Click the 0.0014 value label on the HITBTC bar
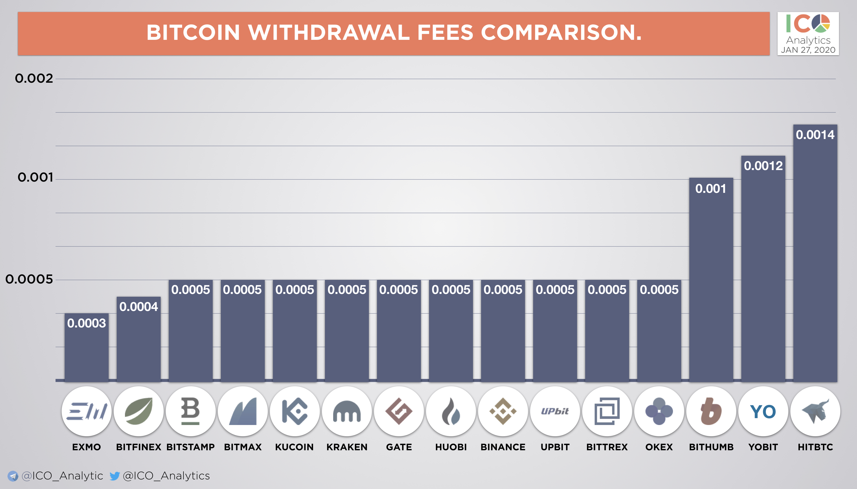[x=815, y=135]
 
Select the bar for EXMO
[x=87, y=353]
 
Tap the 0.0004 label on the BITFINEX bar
[x=138, y=307]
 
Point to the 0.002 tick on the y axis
[x=34, y=79]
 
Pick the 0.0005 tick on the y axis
[x=29, y=279]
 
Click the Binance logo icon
[x=503, y=411]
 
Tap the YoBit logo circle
[x=763, y=411]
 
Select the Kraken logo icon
[x=347, y=411]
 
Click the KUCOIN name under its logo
[x=294, y=447]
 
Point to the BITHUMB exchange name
[x=711, y=447]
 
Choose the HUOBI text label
[x=451, y=447]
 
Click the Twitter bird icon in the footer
[x=115, y=476]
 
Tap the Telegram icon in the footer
[x=13, y=476]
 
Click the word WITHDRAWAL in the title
[x=329, y=33]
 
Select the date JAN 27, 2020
[x=808, y=50]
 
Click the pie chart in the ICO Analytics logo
[x=821, y=23]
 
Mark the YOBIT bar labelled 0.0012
[x=763, y=269]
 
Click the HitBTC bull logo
[x=815, y=411]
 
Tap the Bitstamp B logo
[x=190, y=411]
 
